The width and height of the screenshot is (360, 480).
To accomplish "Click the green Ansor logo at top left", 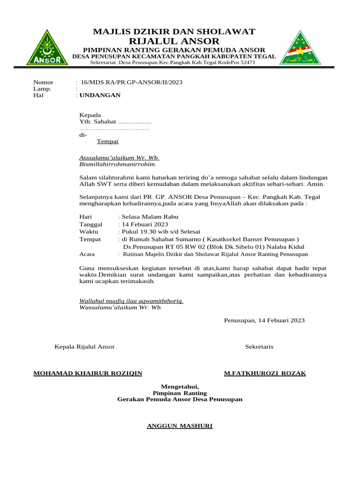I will tap(44, 48).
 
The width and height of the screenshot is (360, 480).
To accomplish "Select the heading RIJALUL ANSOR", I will tap(174, 41).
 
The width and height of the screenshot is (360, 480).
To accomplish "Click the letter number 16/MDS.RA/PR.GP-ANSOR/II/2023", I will tap(132, 82).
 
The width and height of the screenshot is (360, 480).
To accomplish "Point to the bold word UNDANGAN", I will tap(100, 95).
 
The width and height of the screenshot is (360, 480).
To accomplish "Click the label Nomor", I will tap(43, 82).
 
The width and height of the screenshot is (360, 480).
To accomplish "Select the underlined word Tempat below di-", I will tap(107, 141).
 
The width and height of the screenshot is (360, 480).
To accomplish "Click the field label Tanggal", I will tap(91, 224).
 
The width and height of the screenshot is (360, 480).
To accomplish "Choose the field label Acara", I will tap(87, 254).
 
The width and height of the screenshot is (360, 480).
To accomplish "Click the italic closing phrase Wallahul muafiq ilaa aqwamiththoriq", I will tap(131, 300).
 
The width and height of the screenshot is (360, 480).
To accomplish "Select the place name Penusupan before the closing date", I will tap(239, 321).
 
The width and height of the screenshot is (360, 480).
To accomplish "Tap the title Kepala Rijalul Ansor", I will tap(85, 346).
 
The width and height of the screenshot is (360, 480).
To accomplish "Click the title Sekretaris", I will tap(259, 346).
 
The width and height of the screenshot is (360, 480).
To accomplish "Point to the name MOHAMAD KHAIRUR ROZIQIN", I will tap(88, 373).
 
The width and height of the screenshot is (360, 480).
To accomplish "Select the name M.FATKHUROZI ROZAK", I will tap(265, 373).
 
